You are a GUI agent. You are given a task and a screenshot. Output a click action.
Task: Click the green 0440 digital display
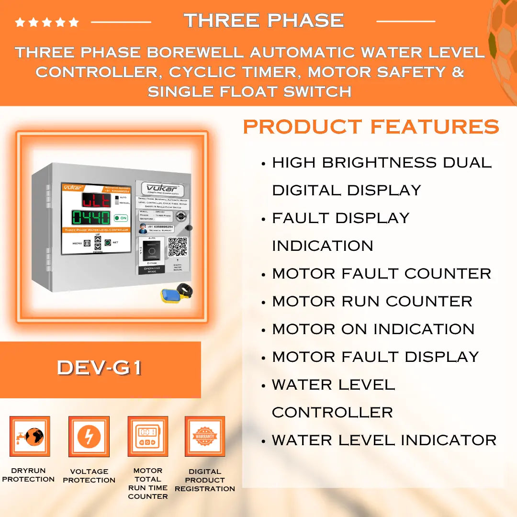coord(91,218)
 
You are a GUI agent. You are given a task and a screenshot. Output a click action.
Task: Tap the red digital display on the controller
coord(96,200)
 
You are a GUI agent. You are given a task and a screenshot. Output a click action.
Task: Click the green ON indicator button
coord(121,218)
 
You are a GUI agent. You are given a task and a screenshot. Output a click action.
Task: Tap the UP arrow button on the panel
coord(98,239)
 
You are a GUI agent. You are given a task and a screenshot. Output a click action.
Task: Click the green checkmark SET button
coord(108,243)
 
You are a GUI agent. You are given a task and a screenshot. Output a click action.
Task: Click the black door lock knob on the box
coord(189,228)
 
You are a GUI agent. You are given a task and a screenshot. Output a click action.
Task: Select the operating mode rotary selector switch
coord(152,250)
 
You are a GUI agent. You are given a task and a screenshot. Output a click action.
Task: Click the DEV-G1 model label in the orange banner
coord(100,368)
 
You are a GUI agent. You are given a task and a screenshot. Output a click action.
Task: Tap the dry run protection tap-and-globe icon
coord(30,437)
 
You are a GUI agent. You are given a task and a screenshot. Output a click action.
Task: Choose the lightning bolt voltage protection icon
coord(89,437)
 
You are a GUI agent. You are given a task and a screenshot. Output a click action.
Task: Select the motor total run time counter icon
coord(147,437)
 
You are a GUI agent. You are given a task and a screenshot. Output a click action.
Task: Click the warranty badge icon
coord(205,437)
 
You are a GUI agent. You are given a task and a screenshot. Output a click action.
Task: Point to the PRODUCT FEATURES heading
coord(371,127)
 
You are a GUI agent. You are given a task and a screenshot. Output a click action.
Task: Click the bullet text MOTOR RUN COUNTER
coord(372,302)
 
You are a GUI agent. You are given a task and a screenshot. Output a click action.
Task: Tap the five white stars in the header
coord(47,22)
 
